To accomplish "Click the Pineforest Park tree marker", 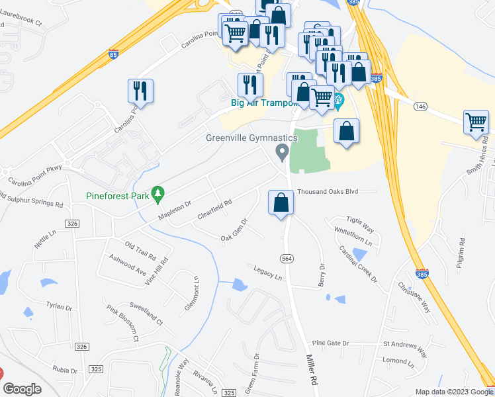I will coord(157,194).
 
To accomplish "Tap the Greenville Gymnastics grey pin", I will coord(283,154).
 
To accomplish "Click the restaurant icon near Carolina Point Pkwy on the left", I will coord(140,91).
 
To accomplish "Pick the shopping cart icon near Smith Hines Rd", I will coord(476,122).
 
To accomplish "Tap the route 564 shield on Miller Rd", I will coord(287,258).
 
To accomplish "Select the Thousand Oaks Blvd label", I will coord(328,191).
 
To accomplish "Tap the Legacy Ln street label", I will coord(267,272).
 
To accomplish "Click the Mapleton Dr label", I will coord(174,211).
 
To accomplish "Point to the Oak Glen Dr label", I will coord(234,231).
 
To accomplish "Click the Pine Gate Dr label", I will coord(330,343).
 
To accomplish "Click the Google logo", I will coord(22,389).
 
